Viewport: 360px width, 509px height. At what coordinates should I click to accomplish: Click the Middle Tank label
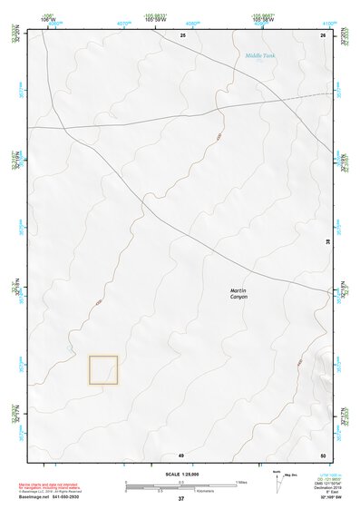click(260, 55)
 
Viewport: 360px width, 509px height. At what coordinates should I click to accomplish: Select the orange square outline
click(103, 369)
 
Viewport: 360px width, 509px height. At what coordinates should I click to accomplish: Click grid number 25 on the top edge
click(183, 34)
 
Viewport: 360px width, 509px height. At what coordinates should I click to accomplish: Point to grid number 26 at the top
click(323, 34)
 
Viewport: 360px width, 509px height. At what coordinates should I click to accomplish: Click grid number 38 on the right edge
click(328, 241)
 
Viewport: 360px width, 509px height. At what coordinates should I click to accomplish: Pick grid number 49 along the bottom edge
click(181, 454)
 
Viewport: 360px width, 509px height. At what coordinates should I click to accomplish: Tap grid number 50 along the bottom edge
click(323, 454)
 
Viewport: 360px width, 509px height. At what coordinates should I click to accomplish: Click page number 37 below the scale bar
click(181, 499)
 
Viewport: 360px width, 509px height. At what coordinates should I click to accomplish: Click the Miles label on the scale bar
click(240, 482)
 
